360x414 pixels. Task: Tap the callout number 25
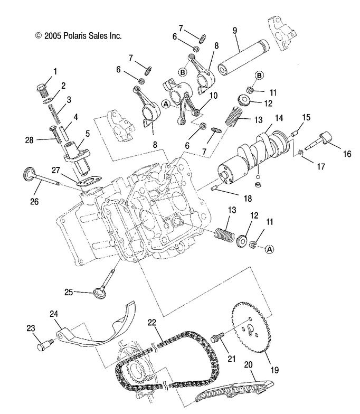click(69, 292)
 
